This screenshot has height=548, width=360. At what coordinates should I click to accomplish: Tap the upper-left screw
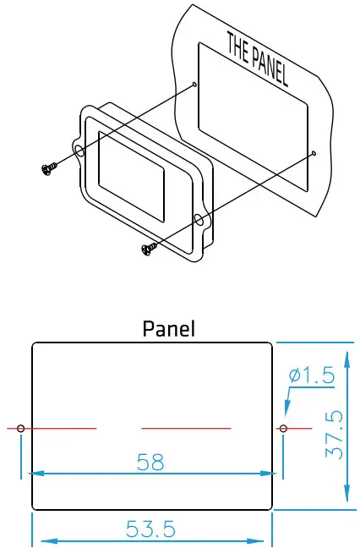pyautogui.click(x=48, y=169)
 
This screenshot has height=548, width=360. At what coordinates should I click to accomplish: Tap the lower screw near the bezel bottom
pyautogui.click(x=149, y=248)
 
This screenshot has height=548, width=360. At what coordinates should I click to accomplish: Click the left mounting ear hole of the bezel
pyautogui.click(x=79, y=152)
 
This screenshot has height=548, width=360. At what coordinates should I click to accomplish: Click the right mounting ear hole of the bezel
pyautogui.click(x=199, y=221)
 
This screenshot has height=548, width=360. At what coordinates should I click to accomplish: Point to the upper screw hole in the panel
pyautogui.click(x=195, y=85)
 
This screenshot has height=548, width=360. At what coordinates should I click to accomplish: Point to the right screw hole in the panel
pyautogui.click(x=314, y=153)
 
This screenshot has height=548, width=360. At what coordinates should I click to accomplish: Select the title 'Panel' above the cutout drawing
pyautogui.click(x=168, y=328)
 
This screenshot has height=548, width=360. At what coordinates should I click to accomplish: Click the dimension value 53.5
pyautogui.click(x=150, y=529)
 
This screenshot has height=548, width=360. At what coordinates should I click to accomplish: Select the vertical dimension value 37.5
pyautogui.click(x=335, y=435)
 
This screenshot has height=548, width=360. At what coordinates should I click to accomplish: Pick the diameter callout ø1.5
pyautogui.click(x=311, y=374)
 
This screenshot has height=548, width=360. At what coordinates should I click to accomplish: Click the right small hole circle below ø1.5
pyautogui.click(x=283, y=429)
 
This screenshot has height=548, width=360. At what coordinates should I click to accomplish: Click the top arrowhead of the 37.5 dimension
pyautogui.click(x=346, y=348)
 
